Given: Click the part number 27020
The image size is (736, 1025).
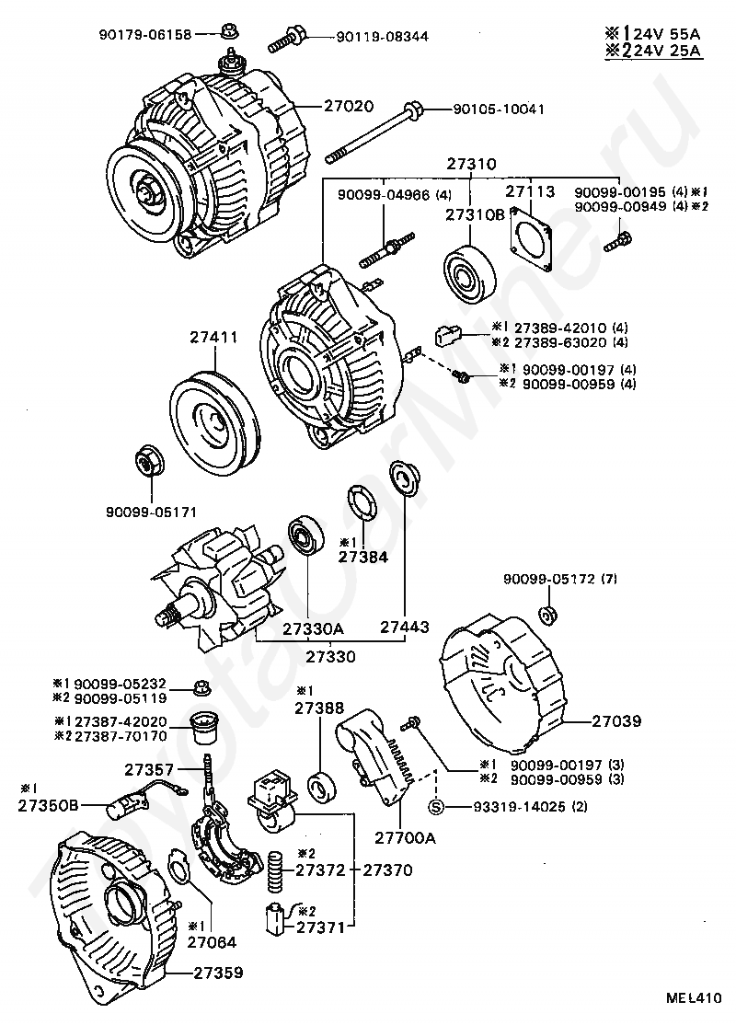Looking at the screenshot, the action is (349, 105).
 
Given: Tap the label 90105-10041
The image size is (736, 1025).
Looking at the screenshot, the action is (499, 109).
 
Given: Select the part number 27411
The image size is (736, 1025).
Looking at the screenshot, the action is (213, 338).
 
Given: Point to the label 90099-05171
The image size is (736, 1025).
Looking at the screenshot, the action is (151, 512).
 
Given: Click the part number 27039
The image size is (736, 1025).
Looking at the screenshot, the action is (616, 721).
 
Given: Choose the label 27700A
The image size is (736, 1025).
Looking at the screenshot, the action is (405, 837).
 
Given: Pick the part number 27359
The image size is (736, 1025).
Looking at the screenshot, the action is (218, 973).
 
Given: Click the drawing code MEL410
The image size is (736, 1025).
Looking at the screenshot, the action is (695, 998).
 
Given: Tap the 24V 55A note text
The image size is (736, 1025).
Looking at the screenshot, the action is (653, 33).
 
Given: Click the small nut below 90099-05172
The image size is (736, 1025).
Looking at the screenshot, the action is (547, 616).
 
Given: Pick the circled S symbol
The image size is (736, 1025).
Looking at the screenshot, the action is (436, 807).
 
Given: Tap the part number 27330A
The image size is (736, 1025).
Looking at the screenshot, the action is (314, 628).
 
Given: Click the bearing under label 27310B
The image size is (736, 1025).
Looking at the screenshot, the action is (469, 272).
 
